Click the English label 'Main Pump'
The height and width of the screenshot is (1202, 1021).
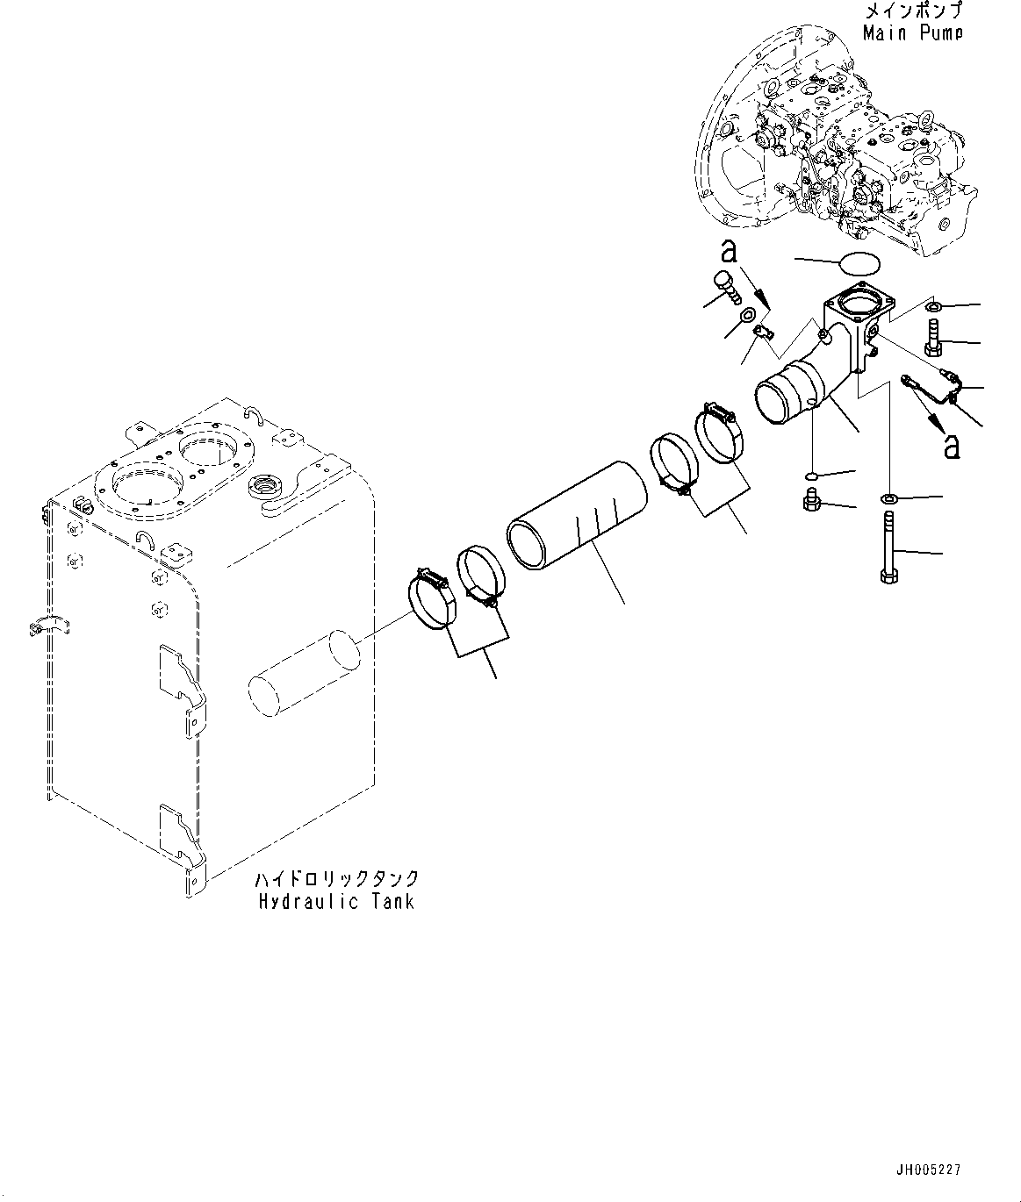pyautogui.click(x=912, y=33)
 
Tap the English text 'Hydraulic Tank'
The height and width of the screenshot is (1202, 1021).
pyautogui.click(x=336, y=901)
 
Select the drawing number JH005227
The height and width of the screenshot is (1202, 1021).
pyautogui.click(x=928, y=1170)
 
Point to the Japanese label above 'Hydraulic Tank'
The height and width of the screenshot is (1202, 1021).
pyautogui.click(x=336, y=878)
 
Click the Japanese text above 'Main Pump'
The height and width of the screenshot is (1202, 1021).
pyautogui.click(x=913, y=11)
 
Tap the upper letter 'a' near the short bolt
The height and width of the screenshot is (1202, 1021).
pyautogui.click(x=728, y=254)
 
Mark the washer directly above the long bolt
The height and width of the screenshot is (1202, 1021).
pyautogui.click(x=888, y=498)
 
